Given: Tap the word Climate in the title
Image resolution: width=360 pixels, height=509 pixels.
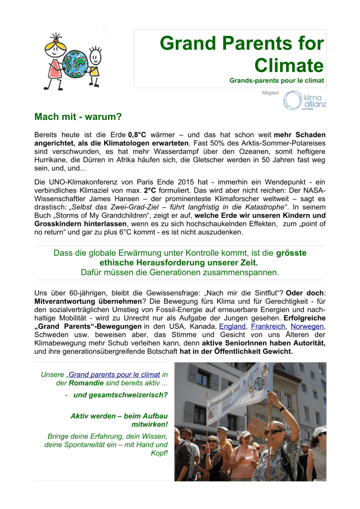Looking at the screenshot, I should click(289, 65).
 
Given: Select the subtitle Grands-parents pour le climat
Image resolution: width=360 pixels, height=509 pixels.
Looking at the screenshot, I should click(276, 81).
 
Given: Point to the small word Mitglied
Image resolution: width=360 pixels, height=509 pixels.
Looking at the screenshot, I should click(270, 93).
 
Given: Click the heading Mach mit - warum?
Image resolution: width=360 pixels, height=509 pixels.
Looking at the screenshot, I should click(78, 117).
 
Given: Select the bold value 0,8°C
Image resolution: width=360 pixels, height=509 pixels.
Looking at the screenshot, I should click(137, 135).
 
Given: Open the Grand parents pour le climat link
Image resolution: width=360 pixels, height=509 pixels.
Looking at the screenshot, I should click(114, 374).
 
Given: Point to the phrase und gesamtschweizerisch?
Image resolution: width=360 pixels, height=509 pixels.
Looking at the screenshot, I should click(120, 396).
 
